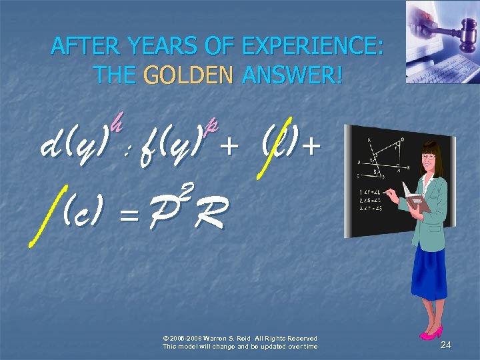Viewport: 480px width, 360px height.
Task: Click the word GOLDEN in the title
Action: point(188,75)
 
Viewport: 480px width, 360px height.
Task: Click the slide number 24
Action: point(446,345)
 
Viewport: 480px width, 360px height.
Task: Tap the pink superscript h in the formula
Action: point(117,122)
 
